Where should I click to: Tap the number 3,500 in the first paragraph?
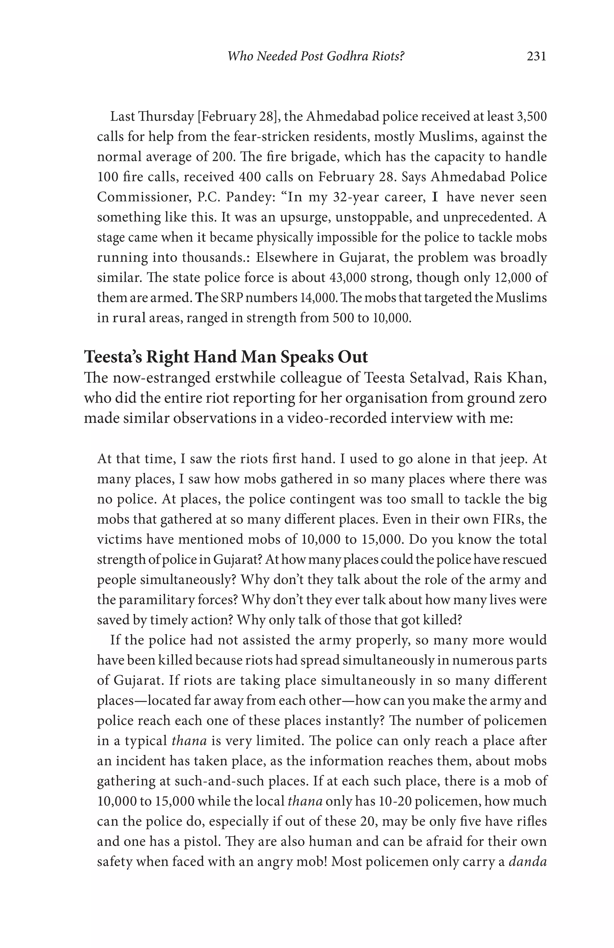532,117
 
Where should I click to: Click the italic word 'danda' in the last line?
528,862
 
